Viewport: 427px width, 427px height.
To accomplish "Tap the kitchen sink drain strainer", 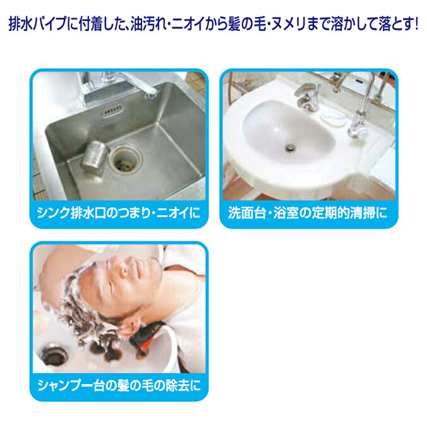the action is pyautogui.click(x=126, y=160).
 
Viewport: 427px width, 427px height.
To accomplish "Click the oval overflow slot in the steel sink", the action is pyautogui.click(x=112, y=111).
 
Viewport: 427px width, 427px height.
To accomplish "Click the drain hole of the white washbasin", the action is pyautogui.click(x=291, y=147).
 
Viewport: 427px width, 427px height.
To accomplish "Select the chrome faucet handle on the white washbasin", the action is pyautogui.click(x=308, y=90).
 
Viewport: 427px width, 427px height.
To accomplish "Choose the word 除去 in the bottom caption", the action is pyautogui.click(x=177, y=385).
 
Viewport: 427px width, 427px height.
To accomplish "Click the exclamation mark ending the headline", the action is pyautogui.click(x=416, y=24).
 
